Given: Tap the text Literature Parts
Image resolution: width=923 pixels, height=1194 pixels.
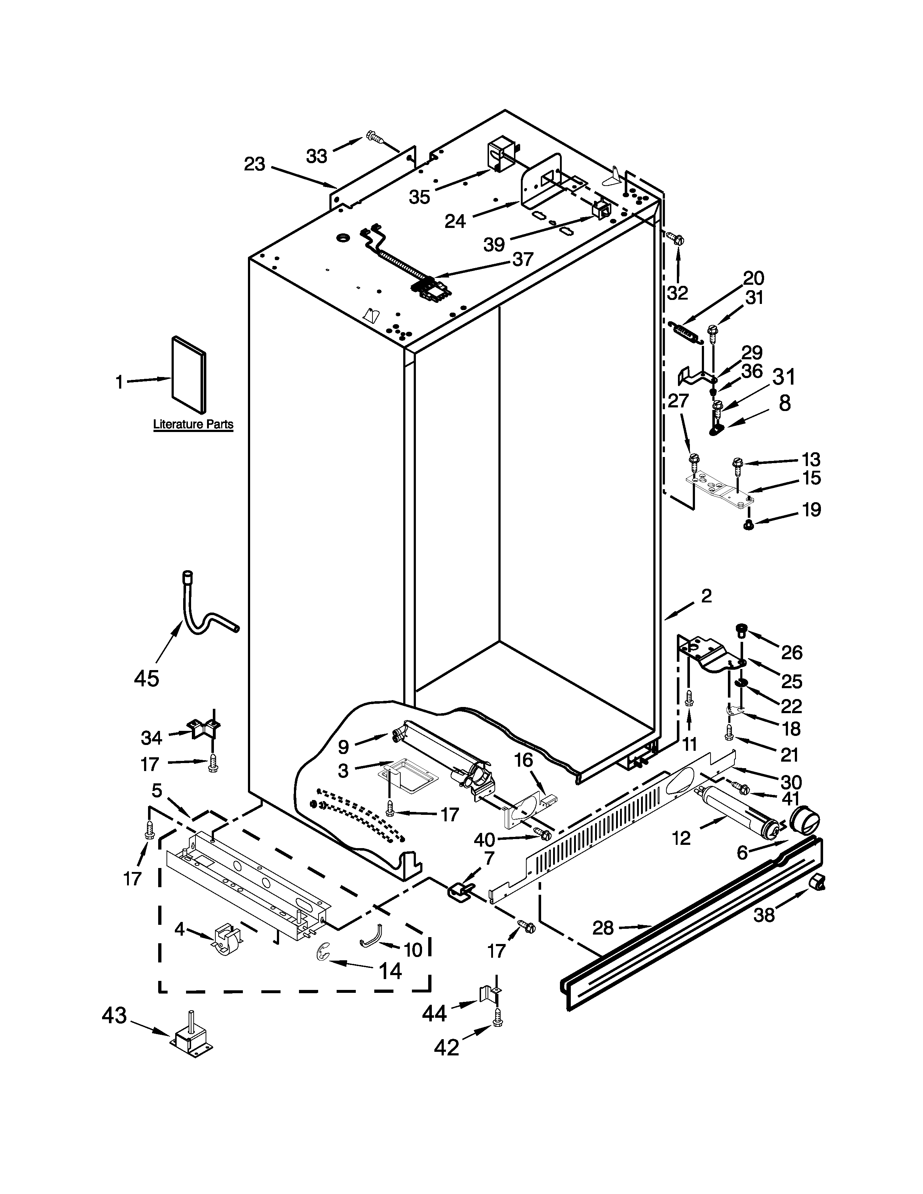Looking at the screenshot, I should pyautogui.click(x=193, y=424).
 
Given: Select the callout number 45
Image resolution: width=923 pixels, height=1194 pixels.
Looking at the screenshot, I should pyautogui.click(x=147, y=678).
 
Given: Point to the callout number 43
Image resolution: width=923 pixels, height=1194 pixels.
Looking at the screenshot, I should pyautogui.click(x=114, y=1015).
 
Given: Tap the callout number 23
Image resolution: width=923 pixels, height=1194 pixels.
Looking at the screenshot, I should pyautogui.click(x=254, y=164).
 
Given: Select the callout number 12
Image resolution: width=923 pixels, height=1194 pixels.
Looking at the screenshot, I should pyautogui.click(x=681, y=838).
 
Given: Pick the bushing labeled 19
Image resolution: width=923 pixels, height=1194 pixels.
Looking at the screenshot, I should pyautogui.click(x=747, y=525).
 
